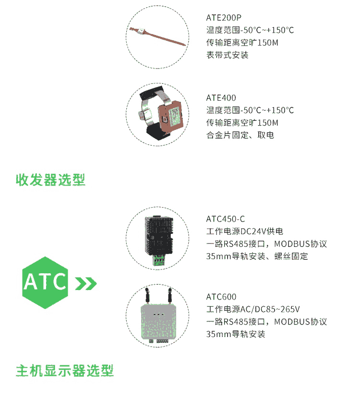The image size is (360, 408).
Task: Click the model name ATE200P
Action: (x=224, y=18)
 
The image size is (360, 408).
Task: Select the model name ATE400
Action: (x=221, y=98)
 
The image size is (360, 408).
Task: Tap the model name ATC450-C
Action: (x=226, y=219)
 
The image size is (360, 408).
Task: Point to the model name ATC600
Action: (x=221, y=297)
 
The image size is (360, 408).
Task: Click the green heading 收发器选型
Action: (x=50, y=180)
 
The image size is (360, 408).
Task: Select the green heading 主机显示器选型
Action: (x=65, y=371)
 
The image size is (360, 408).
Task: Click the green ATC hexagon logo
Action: (x=45, y=282)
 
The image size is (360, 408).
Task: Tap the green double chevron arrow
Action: (x=86, y=284)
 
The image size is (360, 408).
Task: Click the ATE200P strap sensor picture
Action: (x=157, y=36)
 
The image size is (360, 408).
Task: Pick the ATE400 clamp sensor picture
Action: (x=160, y=113)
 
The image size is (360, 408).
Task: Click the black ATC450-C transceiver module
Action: (x=159, y=236)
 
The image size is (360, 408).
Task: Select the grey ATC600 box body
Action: (x=158, y=322)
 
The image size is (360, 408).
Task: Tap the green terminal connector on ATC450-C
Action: (x=158, y=261)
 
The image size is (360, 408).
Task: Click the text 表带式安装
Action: (x=228, y=55)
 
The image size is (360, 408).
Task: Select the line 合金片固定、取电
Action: (x=240, y=135)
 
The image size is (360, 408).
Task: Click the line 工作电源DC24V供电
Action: (x=245, y=231)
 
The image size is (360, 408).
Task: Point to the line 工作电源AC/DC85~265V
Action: (x=253, y=309)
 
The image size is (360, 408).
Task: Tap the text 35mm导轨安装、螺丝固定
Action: (x=257, y=256)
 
